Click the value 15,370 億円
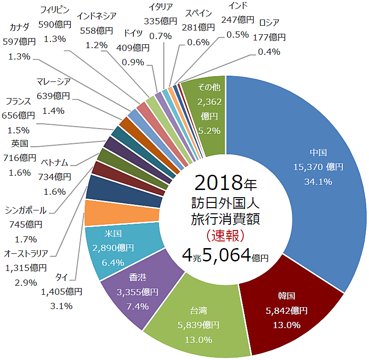(318, 167)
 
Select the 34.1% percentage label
(318, 181)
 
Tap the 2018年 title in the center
(226, 183)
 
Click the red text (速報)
(225, 236)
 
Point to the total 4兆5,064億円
(225, 255)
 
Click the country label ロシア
(269, 23)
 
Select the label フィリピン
(55, 10)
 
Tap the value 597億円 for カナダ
(19, 42)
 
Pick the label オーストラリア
(26, 254)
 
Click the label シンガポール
(26, 210)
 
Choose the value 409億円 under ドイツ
(133, 48)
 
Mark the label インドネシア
(97, 16)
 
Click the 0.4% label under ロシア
(269, 52)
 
